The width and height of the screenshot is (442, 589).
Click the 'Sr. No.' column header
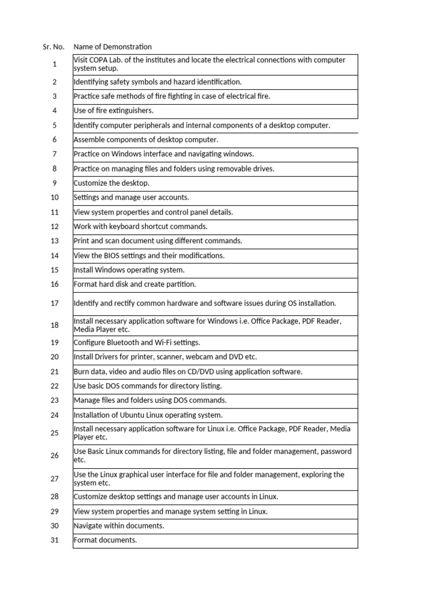click(54, 47)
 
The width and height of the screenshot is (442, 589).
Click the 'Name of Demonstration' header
click(113, 47)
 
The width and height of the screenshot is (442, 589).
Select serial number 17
click(55, 303)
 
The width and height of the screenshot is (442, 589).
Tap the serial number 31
click(55, 540)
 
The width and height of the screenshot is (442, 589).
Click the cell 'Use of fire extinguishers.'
click(113, 110)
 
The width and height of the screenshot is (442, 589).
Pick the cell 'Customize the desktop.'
click(112, 183)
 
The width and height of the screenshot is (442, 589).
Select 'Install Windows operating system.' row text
click(129, 270)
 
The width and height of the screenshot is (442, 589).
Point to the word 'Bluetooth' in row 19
click(125, 342)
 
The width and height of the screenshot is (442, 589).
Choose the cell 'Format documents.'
click(105, 540)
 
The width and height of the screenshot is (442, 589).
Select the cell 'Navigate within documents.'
click(119, 526)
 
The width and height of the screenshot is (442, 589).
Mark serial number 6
click(55, 139)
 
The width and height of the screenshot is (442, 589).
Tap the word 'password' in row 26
click(336, 452)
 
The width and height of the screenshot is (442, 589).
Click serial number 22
click(55, 386)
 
